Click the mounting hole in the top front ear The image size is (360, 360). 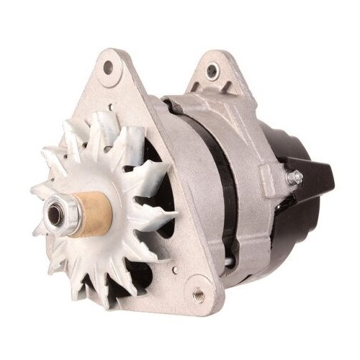point(109,68)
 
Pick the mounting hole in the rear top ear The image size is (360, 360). point(212,71)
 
